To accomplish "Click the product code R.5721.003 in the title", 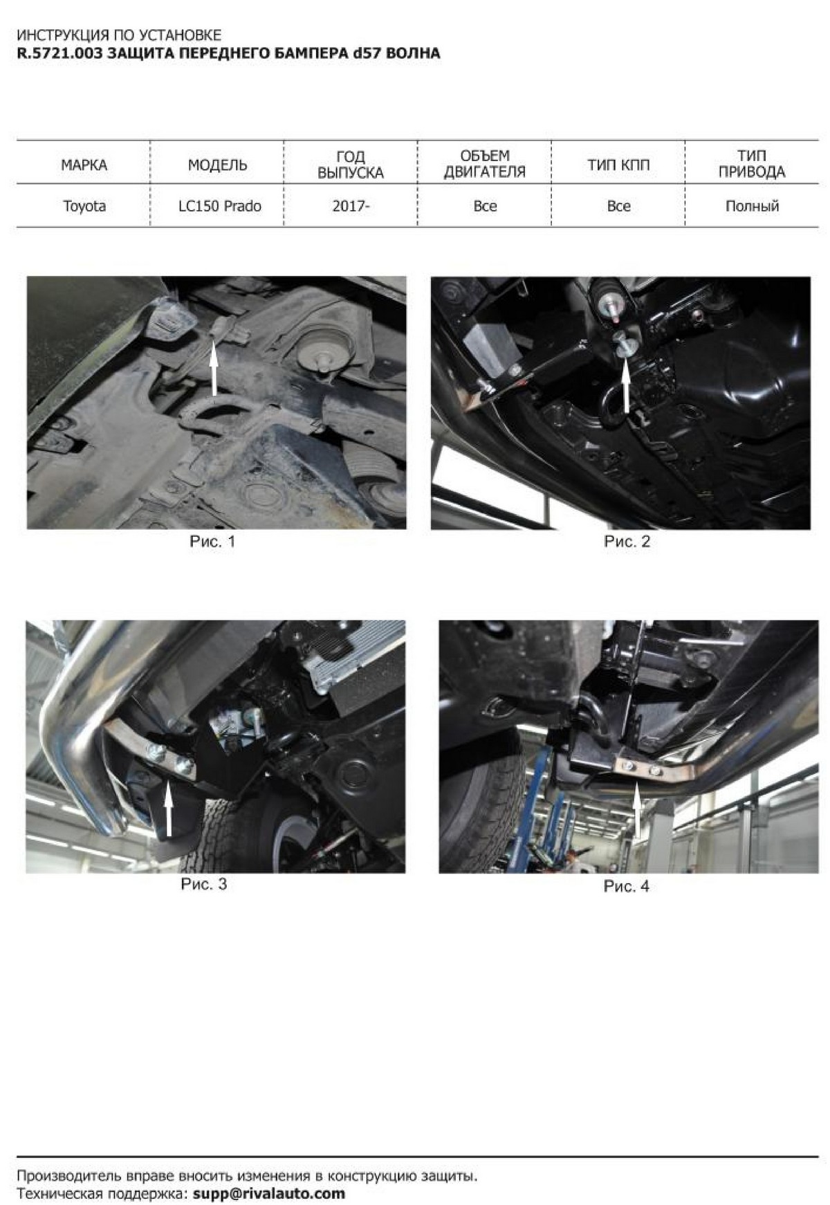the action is pyautogui.click(x=61, y=53).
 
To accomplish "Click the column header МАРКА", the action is pyautogui.click(x=84, y=165).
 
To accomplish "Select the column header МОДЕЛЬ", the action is pyautogui.click(x=217, y=165).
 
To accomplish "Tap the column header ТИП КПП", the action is pyautogui.click(x=618, y=165).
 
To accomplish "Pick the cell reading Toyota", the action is pyautogui.click(x=84, y=206).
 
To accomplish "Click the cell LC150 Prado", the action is pyautogui.click(x=217, y=206).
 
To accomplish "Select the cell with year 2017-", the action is pyautogui.click(x=351, y=206).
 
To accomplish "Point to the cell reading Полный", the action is pyautogui.click(x=752, y=206).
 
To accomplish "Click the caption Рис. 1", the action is pyautogui.click(x=212, y=542).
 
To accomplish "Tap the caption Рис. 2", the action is pyautogui.click(x=627, y=542).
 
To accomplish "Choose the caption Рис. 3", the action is pyautogui.click(x=203, y=884).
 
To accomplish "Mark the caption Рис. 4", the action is pyautogui.click(x=626, y=886).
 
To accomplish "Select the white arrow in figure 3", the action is pyautogui.click(x=168, y=809).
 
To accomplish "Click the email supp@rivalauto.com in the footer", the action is pyautogui.click(x=268, y=1193).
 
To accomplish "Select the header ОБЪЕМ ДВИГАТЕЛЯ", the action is pyautogui.click(x=484, y=164).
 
